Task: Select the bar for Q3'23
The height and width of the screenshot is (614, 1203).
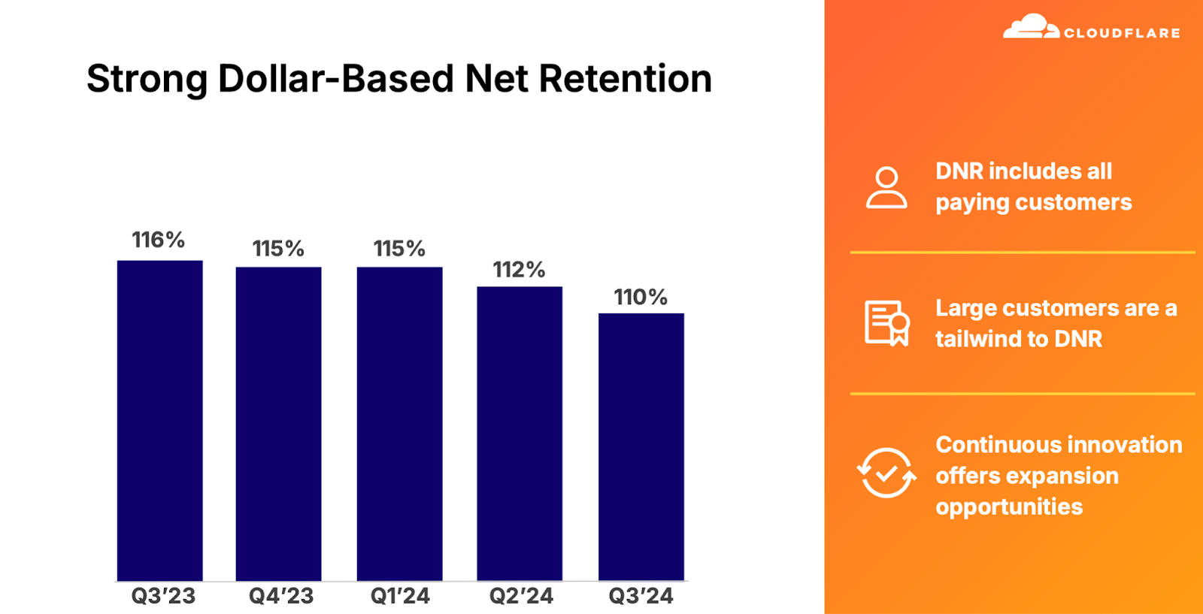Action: click(159, 421)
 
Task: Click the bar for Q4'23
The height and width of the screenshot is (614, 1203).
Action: click(278, 424)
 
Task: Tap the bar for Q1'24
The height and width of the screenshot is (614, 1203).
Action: click(399, 424)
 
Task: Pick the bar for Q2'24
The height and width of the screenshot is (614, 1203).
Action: click(520, 434)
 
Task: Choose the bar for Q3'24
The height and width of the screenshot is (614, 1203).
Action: click(641, 447)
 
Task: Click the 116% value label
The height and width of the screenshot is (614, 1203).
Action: click(158, 240)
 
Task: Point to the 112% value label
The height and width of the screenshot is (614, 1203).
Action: click(519, 269)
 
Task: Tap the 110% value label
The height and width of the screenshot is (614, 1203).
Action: click(641, 297)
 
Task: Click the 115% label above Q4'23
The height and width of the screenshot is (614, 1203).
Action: click(278, 248)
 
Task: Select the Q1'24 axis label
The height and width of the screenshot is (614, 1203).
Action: click(400, 596)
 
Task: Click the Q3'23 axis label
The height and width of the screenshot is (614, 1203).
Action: click(163, 596)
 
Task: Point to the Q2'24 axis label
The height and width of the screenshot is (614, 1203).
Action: click(521, 596)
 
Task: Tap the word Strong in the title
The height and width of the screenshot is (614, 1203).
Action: click(147, 80)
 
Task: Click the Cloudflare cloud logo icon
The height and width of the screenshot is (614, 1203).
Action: click(1030, 27)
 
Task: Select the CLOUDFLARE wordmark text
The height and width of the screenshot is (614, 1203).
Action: click(1122, 33)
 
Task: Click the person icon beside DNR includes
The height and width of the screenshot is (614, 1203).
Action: click(886, 188)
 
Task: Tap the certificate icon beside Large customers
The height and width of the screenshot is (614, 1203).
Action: click(887, 323)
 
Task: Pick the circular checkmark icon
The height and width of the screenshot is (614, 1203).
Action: click(886, 473)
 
